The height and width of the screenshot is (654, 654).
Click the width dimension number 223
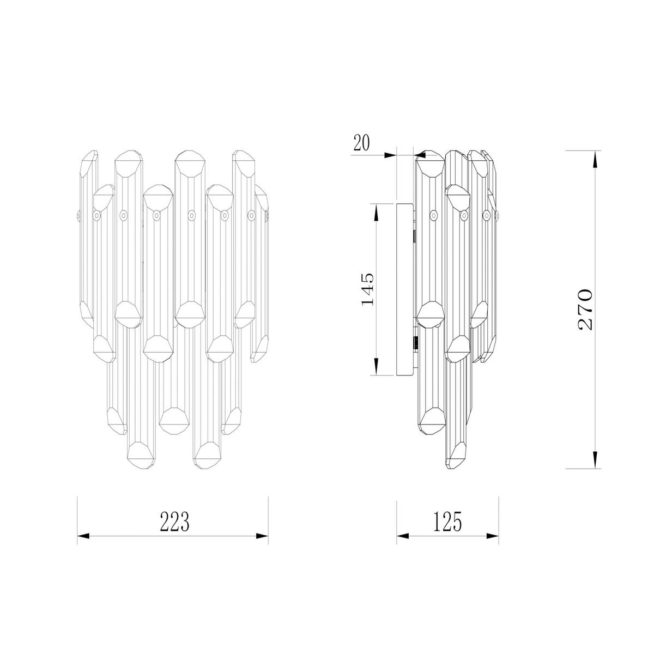(174, 522)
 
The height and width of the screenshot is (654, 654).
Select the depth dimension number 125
(447, 522)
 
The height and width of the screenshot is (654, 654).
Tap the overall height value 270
(584, 309)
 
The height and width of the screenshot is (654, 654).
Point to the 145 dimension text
(367, 289)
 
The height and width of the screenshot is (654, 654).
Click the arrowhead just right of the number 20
(390, 155)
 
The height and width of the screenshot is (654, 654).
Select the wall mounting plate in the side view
(405, 289)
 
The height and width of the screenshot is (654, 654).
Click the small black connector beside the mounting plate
(416, 343)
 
